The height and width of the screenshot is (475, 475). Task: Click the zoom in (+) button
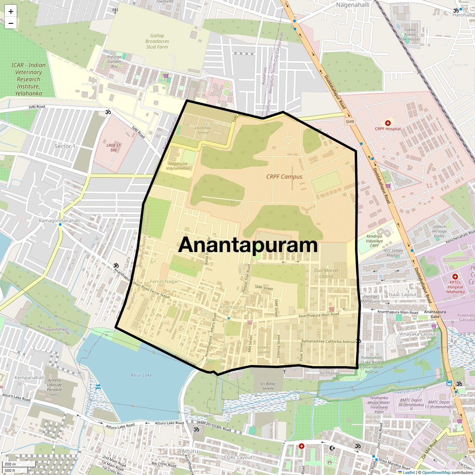point(11,11)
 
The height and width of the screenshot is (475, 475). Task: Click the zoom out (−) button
point(11,23)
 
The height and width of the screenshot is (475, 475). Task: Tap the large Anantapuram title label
point(248,245)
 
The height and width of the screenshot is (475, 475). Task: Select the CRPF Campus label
point(284,177)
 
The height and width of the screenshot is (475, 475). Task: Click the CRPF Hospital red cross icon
point(388,123)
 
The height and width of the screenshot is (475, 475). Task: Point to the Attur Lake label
point(142,375)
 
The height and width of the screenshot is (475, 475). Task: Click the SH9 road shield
point(350,122)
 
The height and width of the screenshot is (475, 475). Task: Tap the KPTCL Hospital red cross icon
point(455,277)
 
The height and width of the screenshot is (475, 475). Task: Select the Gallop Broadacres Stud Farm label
point(157,41)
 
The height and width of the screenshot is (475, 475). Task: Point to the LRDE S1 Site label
point(113,147)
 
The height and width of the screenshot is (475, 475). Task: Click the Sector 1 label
point(65,146)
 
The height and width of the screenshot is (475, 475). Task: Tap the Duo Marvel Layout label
point(326,273)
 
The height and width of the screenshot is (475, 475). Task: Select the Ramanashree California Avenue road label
point(328,341)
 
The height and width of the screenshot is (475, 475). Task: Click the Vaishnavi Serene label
point(202,130)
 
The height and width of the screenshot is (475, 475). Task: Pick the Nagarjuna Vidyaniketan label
point(178,166)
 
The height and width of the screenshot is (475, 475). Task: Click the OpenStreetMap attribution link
point(436,472)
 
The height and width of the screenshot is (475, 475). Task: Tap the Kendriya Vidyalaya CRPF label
point(374,241)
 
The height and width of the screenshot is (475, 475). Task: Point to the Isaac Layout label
point(402,295)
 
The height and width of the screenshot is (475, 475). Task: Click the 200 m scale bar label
point(10,464)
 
